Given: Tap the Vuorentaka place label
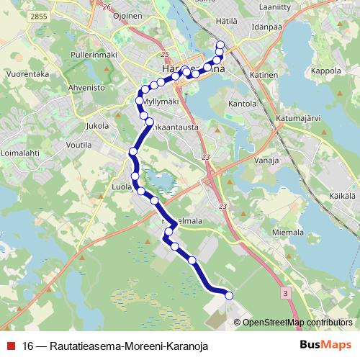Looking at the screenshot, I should click(x=27, y=73).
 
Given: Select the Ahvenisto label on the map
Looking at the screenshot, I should click(x=86, y=88).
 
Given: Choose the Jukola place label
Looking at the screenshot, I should click(x=96, y=125).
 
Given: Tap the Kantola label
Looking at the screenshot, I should click(x=242, y=104).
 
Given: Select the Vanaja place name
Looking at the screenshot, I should click(x=266, y=161).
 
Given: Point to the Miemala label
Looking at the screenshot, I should click(x=290, y=233).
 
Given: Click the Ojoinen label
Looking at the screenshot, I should click(x=126, y=16).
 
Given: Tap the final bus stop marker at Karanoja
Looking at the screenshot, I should click(x=230, y=294).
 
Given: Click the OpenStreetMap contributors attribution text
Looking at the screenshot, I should click(x=298, y=322).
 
